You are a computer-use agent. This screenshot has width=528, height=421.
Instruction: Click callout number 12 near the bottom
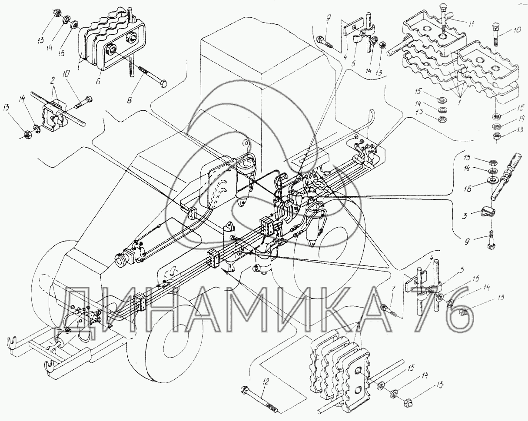coord(266,381)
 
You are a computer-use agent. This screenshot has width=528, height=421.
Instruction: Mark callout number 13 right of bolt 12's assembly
coord(441,385)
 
